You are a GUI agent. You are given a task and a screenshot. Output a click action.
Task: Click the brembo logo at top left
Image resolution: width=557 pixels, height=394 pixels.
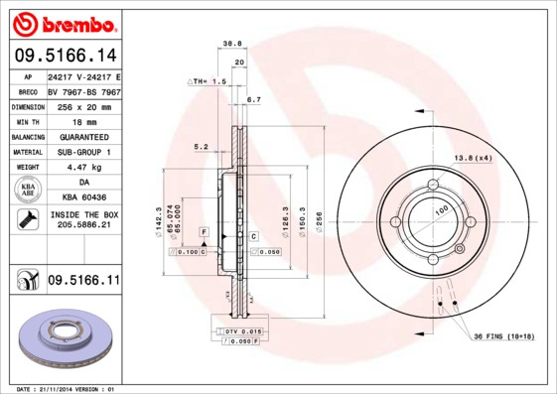[62, 22]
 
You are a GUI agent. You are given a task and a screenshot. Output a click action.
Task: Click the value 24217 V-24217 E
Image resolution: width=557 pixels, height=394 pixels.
[83, 76]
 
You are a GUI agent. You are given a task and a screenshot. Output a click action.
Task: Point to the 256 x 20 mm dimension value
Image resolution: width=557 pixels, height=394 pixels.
[83, 106]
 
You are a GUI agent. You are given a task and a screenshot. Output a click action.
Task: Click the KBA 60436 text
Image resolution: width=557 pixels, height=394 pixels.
[83, 197]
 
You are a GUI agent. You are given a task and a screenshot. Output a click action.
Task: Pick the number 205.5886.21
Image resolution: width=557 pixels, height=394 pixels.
[83, 227]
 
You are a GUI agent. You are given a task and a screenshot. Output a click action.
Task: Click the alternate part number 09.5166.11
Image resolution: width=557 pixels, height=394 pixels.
[83, 281]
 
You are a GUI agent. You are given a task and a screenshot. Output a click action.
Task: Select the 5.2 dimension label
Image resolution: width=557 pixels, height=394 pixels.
[200, 146]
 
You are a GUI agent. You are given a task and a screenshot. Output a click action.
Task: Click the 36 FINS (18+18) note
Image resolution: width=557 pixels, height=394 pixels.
[503, 336]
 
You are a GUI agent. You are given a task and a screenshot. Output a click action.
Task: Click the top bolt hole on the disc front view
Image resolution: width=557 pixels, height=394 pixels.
[434, 185]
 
